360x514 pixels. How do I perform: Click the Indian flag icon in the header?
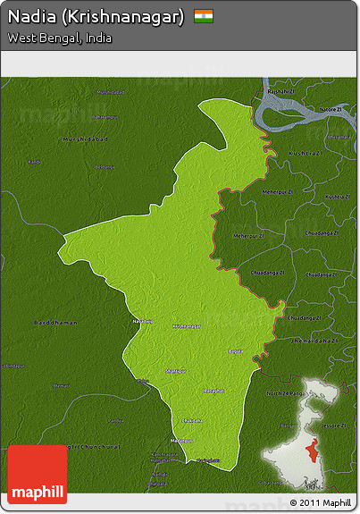203,16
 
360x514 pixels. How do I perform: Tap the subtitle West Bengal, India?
60,38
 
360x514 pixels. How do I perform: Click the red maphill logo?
37,475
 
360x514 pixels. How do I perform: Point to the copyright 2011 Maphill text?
321,504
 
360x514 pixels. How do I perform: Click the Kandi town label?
35,162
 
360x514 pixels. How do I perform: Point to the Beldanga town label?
105,167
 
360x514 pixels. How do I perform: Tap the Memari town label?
62,385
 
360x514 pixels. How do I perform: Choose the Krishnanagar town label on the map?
187,326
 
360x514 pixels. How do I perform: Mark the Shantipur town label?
176,369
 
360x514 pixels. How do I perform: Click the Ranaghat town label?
213,391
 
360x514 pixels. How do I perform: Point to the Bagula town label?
236,352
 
